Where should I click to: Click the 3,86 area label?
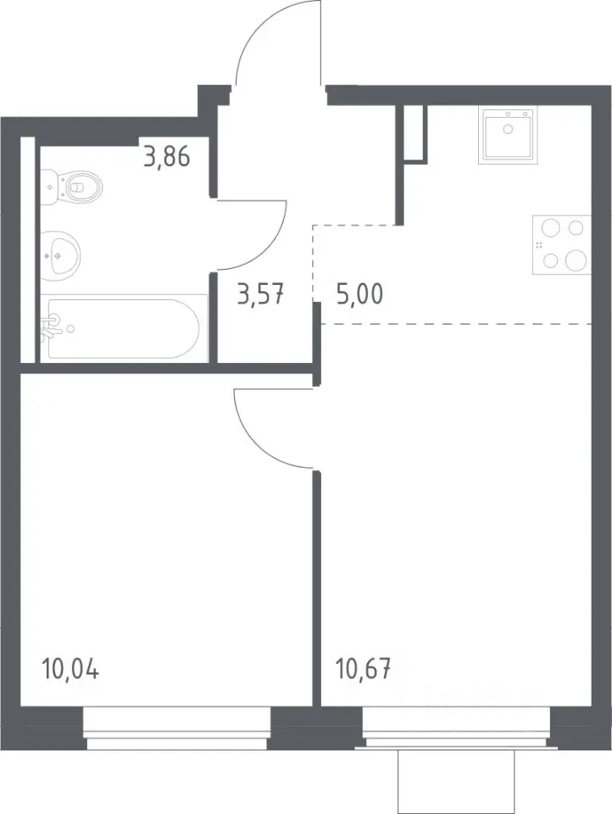167,156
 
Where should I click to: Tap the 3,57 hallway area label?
260,295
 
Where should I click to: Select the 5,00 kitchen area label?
359,295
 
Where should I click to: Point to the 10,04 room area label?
70,669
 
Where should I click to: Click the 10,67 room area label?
363,669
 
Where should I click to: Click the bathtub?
123,328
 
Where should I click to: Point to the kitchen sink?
509,134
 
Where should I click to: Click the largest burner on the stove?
576,260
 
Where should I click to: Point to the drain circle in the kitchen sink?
509,129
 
